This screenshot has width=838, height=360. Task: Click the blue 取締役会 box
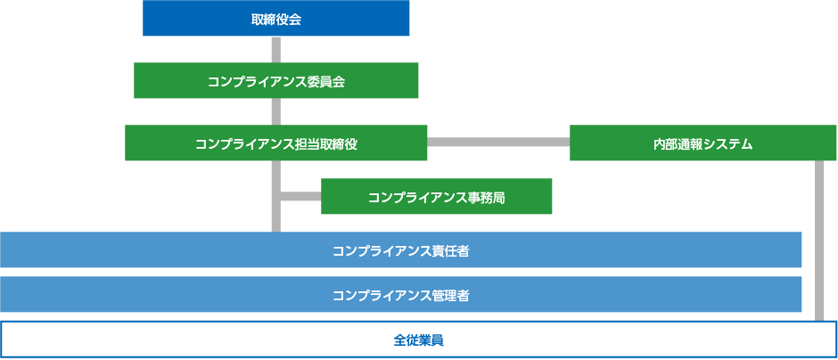[275, 18]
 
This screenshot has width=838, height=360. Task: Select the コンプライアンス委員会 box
[275, 80]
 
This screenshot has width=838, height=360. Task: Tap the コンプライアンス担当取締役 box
[275, 143]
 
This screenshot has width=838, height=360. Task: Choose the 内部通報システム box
[702, 143]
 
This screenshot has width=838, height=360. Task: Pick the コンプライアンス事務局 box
[436, 196]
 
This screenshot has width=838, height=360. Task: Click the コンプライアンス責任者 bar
[401, 250]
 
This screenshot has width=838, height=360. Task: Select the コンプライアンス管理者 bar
[401, 294]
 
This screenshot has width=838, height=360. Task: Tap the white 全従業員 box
[418, 340]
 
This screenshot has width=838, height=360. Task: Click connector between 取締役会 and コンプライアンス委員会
[275, 49]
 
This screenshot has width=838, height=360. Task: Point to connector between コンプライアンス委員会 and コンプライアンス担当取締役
[275, 111]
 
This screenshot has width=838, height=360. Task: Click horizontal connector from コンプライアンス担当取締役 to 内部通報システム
[498, 142]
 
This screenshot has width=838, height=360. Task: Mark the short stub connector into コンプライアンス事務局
[300, 196]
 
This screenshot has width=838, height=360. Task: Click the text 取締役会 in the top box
[275, 20]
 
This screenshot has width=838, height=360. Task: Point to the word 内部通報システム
[702, 144]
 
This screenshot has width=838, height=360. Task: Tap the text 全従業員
[418, 340]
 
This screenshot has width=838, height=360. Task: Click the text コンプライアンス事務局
[437, 198]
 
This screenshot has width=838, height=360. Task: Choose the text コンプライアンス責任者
[401, 251]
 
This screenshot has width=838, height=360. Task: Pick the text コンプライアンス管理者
[401, 295]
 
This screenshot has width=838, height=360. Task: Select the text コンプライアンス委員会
[275, 82]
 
